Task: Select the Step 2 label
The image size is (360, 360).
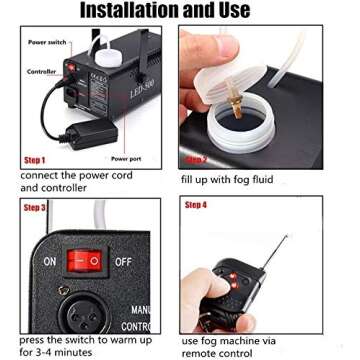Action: point(197,159)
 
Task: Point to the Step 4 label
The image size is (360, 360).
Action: point(196,207)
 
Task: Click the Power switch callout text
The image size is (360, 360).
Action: point(48,43)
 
